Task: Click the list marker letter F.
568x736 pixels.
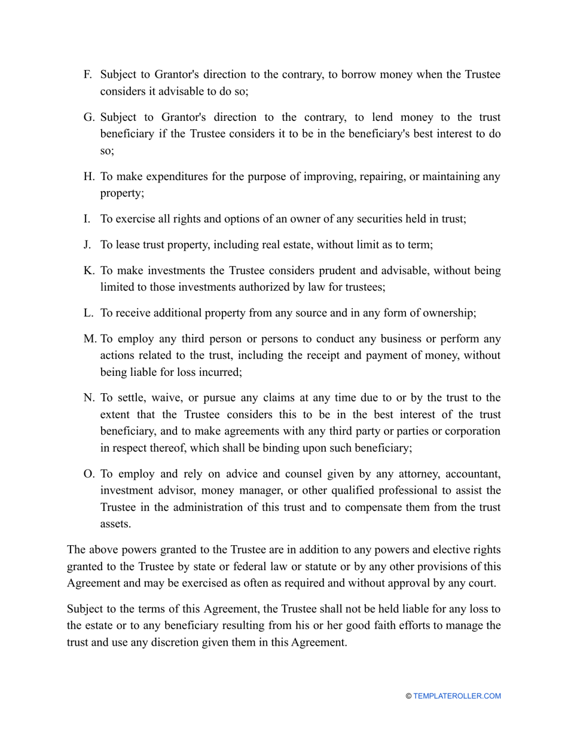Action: (87, 75)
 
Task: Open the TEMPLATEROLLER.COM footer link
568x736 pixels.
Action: (457, 696)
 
